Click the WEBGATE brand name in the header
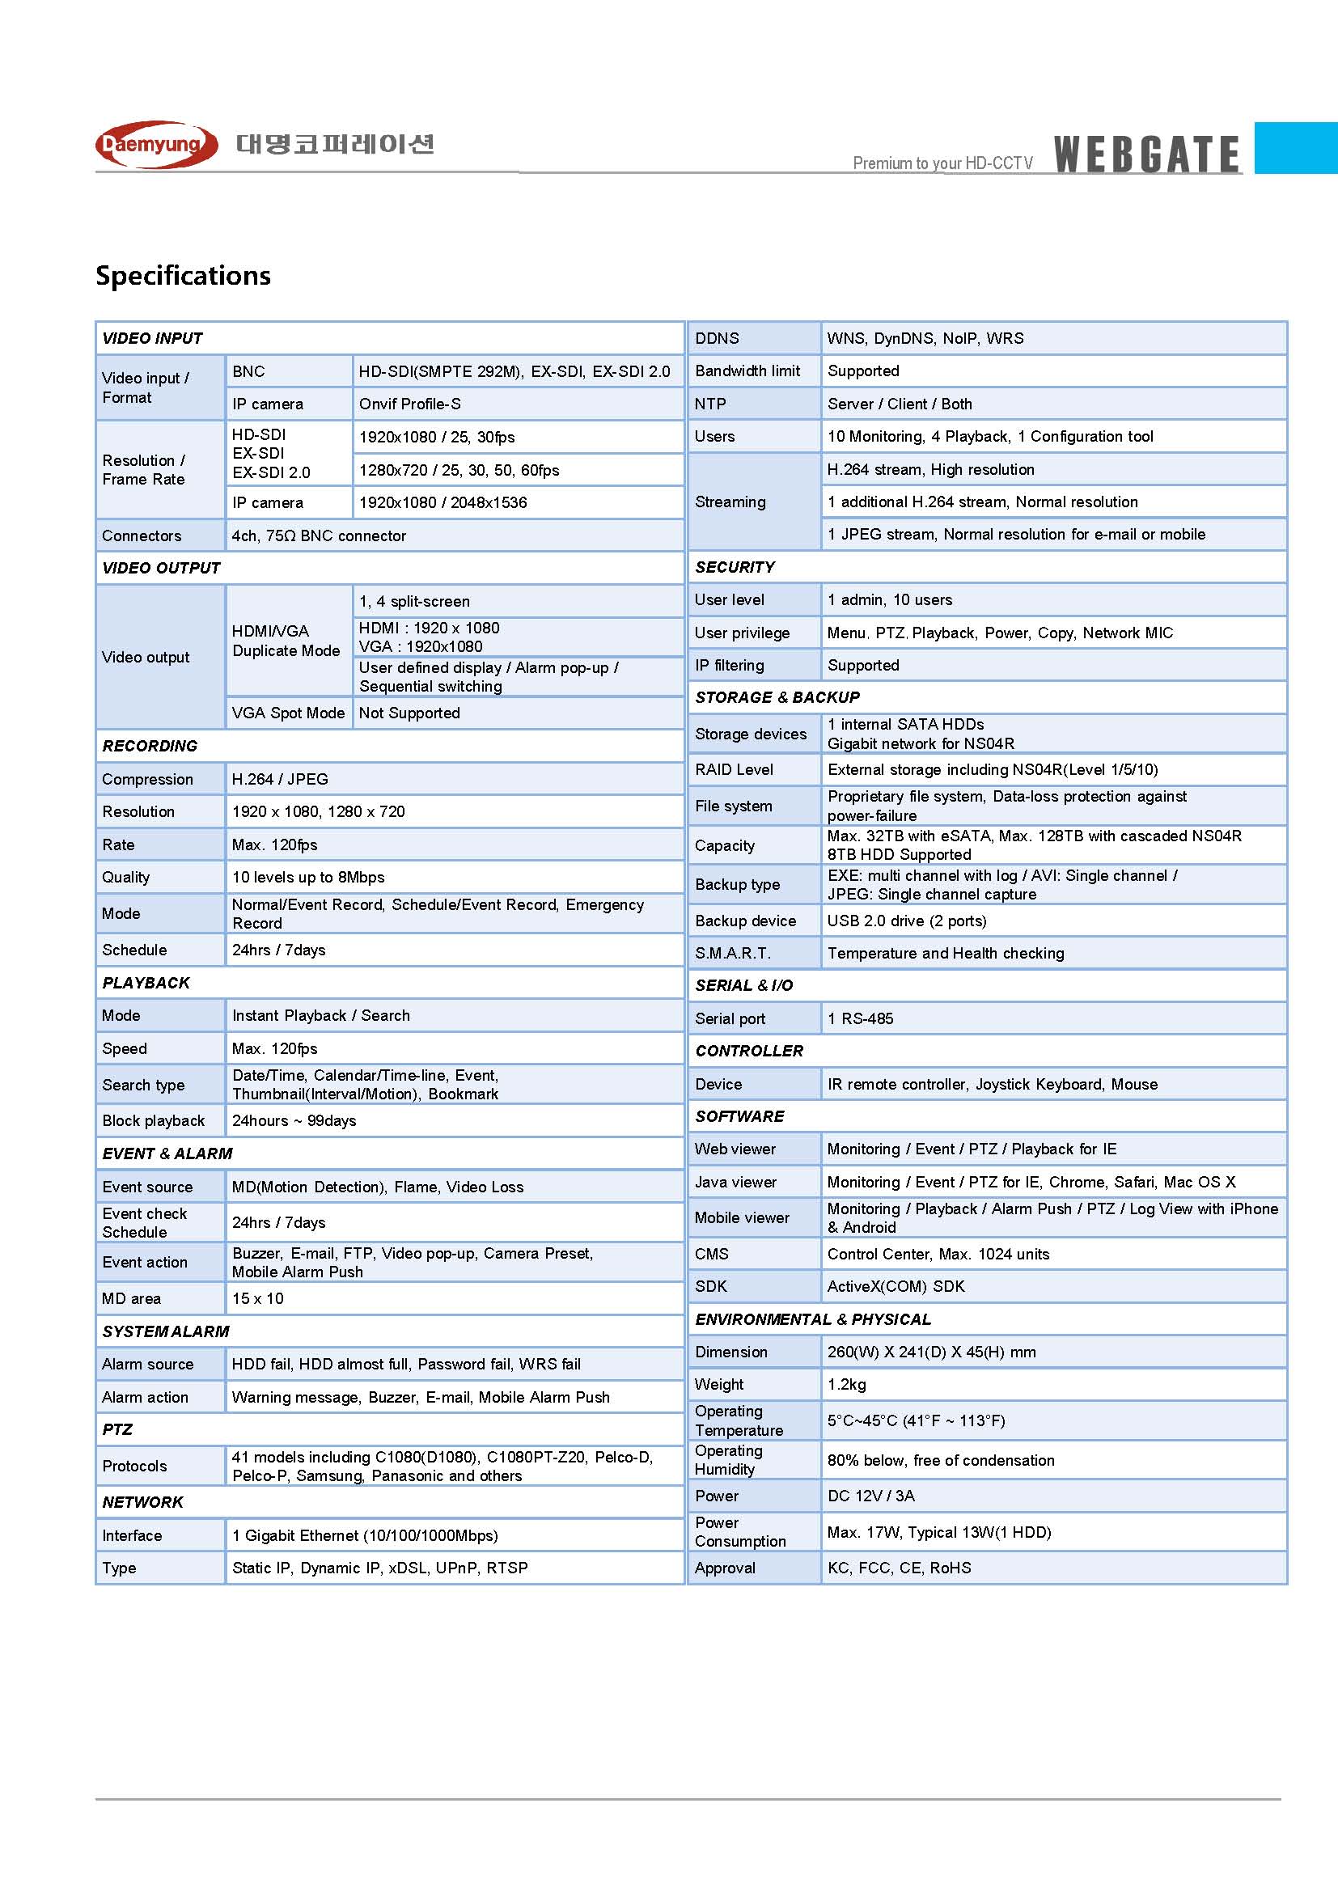1146,154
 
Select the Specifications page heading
183,275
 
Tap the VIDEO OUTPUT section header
162,568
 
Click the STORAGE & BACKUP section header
777,697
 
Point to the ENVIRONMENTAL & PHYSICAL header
812,1319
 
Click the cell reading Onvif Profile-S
409,404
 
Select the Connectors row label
142,535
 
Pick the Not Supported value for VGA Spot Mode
409,713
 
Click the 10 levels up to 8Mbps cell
308,877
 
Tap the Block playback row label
153,1120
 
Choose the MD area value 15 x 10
258,1299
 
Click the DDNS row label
717,338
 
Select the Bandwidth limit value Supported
863,370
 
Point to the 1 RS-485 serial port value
860,1018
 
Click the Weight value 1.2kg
847,1384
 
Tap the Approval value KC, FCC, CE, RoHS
899,1568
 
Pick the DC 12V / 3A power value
871,1496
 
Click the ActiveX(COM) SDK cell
896,1286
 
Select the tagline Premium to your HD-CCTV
942,163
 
